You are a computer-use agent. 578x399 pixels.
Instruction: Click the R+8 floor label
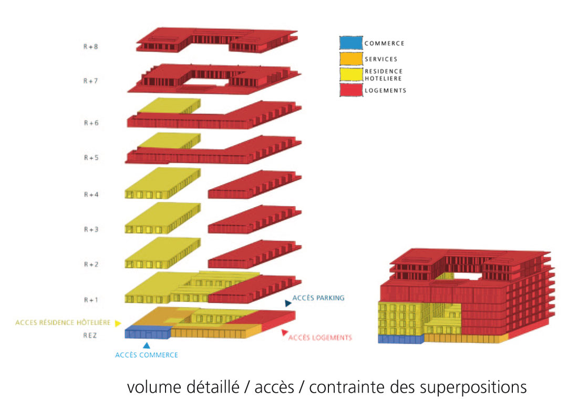pos(90,47)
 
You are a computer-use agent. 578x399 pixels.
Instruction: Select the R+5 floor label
pos(91,158)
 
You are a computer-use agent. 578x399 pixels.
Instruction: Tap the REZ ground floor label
pos(90,335)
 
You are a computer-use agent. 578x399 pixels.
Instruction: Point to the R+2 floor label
pos(91,264)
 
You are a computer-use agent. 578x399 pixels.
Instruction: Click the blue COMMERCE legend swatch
pos(351,43)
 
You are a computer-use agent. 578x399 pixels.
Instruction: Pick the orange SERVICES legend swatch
pos(351,59)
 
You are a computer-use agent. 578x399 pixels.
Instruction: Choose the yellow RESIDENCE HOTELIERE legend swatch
pos(351,75)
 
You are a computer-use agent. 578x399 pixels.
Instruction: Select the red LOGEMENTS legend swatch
pos(351,90)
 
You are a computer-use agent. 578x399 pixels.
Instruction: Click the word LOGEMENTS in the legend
pos(385,90)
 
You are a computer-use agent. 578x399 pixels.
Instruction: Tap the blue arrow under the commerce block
pos(147,345)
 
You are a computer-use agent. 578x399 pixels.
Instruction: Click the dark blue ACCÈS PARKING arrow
pos(288,303)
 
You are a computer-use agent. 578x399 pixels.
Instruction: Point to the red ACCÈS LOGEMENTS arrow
pos(284,332)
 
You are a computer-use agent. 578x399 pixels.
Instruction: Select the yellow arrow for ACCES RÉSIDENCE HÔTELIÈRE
pos(118,323)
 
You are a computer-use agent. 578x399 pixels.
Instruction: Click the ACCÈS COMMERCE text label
pos(147,355)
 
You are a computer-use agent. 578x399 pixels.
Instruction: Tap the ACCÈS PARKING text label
pos(318,298)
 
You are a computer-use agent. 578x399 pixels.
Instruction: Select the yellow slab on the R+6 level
pos(169,106)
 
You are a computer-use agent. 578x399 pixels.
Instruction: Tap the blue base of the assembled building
pos(401,339)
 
